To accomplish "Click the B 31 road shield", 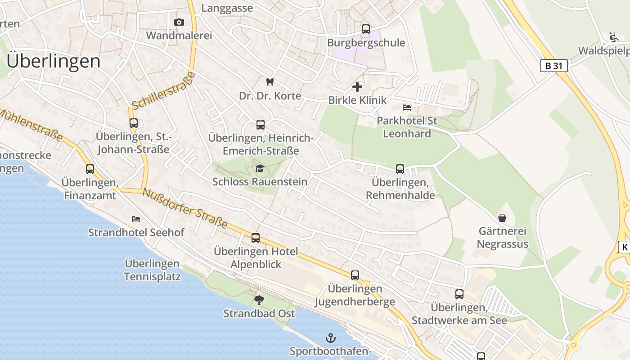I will pyautogui.click(x=553, y=66).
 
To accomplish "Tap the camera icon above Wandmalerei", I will pyautogui.click(x=179, y=22).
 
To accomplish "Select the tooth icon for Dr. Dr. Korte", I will pyautogui.click(x=270, y=82).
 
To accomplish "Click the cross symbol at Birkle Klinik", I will pyautogui.click(x=357, y=86).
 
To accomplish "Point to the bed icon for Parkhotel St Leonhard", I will pyautogui.click(x=407, y=107).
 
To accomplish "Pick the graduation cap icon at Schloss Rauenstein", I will pyautogui.click(x=260, y=168).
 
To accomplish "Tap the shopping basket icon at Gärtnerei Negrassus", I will pyautogui.click(x=502, y=218).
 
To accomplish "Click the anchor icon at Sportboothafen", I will pyautogui.click(x=331, y=337).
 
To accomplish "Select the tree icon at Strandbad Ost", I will pyautogui.click(x=259, y=300).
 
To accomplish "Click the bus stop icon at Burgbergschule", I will pyautogui.click(x=366, y=29).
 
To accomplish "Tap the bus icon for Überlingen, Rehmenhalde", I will pyautogui.click(x=400, y=169).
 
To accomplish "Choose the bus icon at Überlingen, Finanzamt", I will pyautogui.click(x=90, y=169).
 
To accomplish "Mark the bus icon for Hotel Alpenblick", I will pyautogui.click(x=256, y=238).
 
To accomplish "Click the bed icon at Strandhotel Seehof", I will pyautogui.click(x=136, y=219).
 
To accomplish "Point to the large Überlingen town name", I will pyautogui.click(x=54, y=61).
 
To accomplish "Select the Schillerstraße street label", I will pyautogui.click(x=164, y=90).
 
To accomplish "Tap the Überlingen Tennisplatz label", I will pyautogui.click(x=153, y=270).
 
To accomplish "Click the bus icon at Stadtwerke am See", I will pyautogui.click(x=459, y=294).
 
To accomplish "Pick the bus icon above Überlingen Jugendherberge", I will pyautogui.click(x=355, y=275).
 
